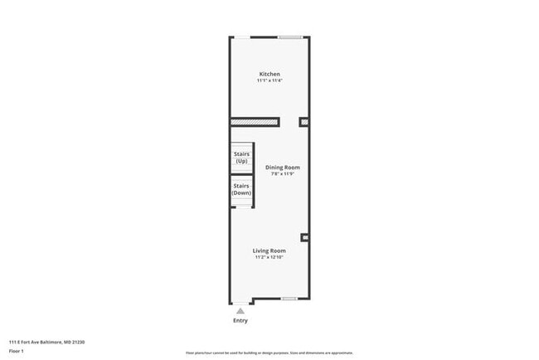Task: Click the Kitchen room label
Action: (269, 74)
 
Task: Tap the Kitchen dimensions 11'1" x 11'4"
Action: (269, 80)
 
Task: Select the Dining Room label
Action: (282, 167)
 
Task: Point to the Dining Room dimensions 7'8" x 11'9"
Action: (282, 174)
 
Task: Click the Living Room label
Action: (269, 251)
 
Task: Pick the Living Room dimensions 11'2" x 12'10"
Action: (269, 258)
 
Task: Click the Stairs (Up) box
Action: (241, 158)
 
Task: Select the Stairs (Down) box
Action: (241, 189)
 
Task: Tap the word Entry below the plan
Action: (240, 320)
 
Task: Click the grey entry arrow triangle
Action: (240, 311)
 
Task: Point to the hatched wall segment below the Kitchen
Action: (255, 123)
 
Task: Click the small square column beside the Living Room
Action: (304, 238)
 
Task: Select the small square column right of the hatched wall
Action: (303, 123)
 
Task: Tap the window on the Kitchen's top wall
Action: (289, 36)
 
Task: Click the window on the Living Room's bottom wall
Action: (289, 299)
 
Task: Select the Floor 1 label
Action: (17, 351)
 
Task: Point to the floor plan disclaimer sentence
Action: (269, 352)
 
